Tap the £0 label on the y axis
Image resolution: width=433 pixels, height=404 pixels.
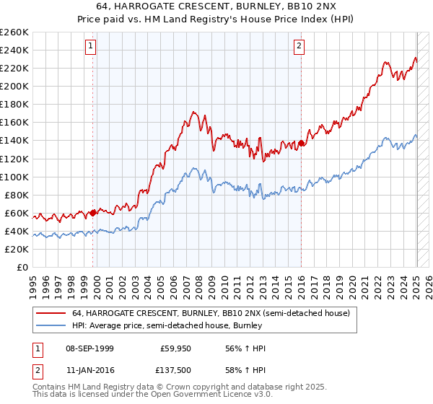(23, 267)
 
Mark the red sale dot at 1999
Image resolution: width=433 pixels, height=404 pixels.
(94, 213)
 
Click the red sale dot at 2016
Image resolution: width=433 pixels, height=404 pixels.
(301, 143)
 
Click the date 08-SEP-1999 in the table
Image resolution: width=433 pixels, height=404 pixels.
(89, 348)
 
